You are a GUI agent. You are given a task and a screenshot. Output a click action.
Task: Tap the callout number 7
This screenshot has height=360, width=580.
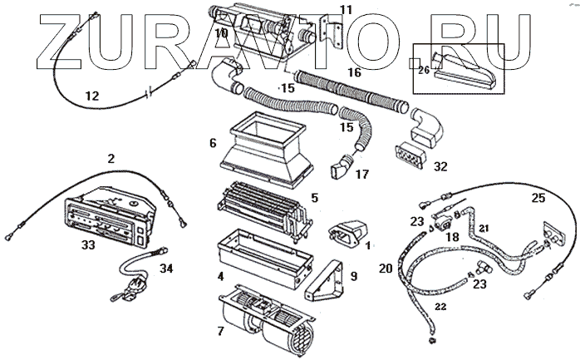click(219, 331)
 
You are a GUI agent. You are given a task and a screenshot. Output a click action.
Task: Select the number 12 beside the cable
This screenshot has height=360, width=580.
click(92, 96)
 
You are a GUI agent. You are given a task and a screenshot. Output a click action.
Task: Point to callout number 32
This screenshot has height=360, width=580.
click(440, 166)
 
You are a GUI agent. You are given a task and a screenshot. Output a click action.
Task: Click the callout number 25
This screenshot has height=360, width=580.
click(538, 198)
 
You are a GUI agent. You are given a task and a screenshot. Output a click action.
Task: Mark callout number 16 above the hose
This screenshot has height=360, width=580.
click(354, 73)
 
